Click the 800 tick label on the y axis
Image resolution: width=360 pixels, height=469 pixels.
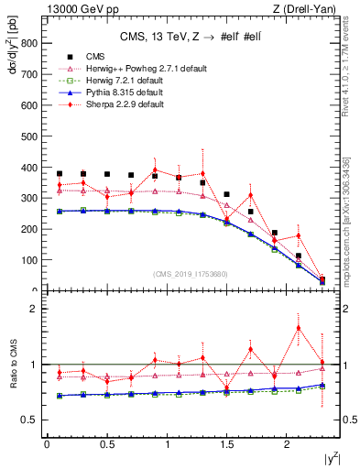[27, 43]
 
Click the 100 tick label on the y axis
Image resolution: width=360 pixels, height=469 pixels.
[27, 260]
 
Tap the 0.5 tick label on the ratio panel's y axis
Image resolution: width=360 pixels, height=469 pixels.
[29, 420]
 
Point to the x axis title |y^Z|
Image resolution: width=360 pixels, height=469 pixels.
[331, 458]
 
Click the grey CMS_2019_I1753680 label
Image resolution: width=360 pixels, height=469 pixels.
[190, 273]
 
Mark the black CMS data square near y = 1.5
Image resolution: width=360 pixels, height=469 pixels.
[226, 194]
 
